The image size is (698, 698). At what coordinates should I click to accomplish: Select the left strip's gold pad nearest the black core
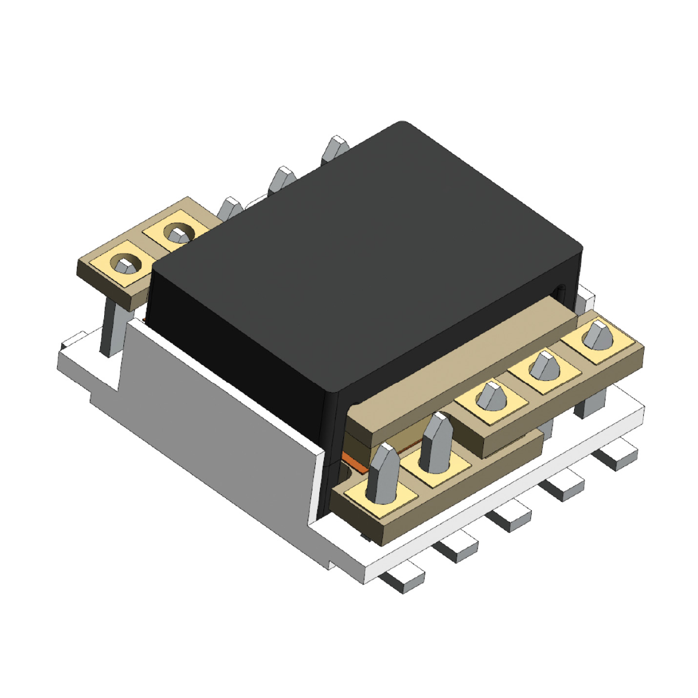click(x=175, y=233)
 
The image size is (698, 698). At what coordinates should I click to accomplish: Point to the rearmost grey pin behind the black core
click(x=336, y=149)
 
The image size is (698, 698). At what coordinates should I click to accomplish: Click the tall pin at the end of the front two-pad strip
click(x=381, y=473)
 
